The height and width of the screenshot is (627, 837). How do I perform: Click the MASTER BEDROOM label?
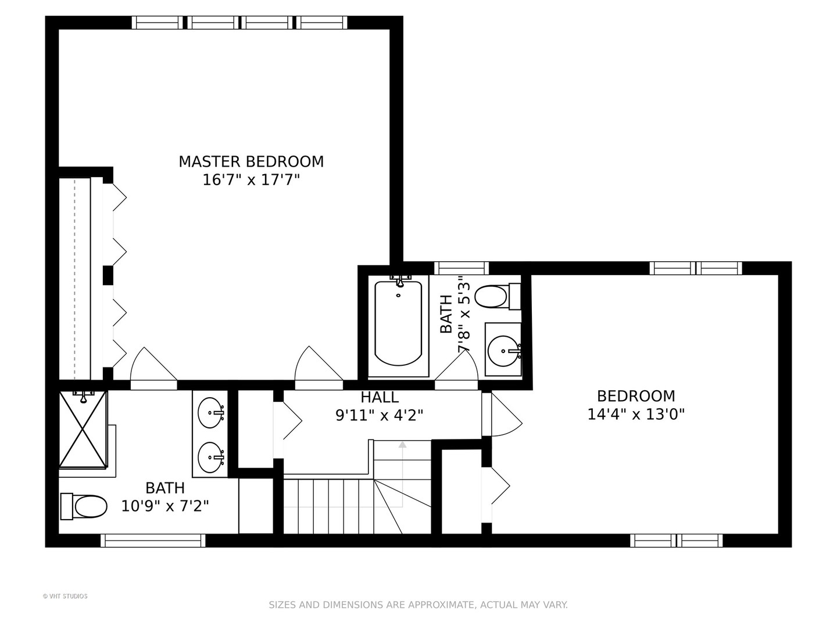pyautogui.click(x=251, y=161)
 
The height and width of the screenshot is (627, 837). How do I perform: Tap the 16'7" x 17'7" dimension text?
pyautogui.click(x=251, y=180)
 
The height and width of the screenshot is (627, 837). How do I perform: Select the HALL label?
pyautogui.click(x=380, y=397)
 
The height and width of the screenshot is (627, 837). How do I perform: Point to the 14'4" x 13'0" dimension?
pyautogui.click(x=636, y=414)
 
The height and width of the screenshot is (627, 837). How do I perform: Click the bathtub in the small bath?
pyautogui.click(x=398, y=323)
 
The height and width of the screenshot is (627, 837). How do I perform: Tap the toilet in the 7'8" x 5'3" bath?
pyautogui.click(x=498, y=297)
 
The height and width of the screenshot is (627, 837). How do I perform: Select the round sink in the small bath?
pyautogui.click(x=503, y=351)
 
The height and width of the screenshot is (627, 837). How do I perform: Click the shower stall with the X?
pyautogui.click(x=83, y=428)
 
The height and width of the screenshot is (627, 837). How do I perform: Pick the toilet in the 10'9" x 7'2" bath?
pyautogui.click(x=84, y=506)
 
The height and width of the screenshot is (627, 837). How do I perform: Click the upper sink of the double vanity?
pyautogui.click(x=210, y=413)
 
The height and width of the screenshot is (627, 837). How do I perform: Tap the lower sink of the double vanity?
pyautogui.click(x=210, y=457)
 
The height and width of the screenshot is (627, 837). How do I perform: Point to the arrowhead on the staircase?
pyautogui.click(x=402, y=444)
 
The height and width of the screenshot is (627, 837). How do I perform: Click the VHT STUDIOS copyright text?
pyautogui.click(x=65, y=596)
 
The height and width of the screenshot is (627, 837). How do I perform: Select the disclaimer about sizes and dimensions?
pyautogui.click(x=419, y=605)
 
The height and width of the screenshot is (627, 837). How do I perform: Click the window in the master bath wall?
pyautogui.click(x=153, y=540)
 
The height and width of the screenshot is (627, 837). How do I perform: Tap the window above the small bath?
pyautogui.click(x=462, y=268)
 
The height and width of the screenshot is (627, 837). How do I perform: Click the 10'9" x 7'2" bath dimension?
pyautogui.click(x=165, y=506)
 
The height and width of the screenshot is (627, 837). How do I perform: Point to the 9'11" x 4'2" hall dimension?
pyautogui.click(x=380, y=415)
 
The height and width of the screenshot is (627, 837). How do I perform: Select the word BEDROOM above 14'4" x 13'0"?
pyautogui.click(x=636, y=396)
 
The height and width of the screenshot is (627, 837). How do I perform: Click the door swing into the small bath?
pyautogui.click(x=456, y=366)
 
